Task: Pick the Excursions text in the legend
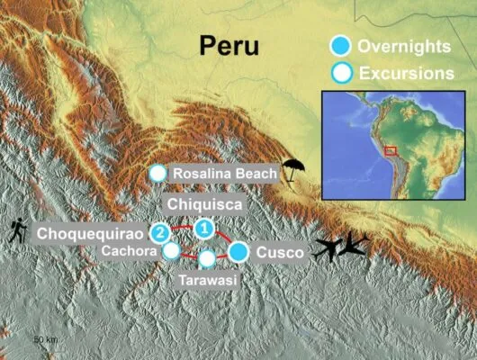[x=404, y=73]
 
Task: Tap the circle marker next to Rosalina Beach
[x=158, y=172]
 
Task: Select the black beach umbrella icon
[x=292, y=168]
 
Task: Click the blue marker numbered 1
[x=204, y=229]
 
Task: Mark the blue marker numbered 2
[x=159, y=233]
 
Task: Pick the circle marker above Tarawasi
[x=207, y=258]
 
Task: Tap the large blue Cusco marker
[x=238, y=252]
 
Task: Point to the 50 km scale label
[x=45, y=339]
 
